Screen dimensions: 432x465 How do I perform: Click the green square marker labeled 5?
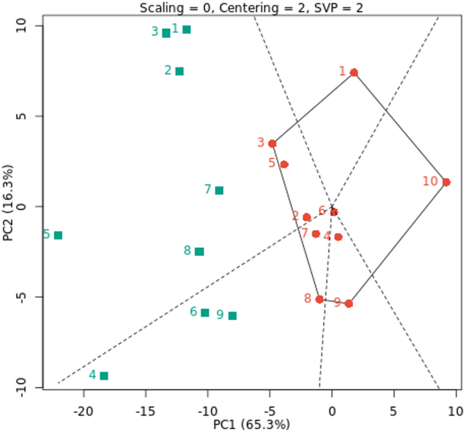[58, 235]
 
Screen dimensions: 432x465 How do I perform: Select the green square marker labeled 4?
[104, 376]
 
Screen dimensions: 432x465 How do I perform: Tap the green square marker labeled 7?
[219, 190]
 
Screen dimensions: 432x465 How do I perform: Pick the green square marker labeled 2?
[179, 71]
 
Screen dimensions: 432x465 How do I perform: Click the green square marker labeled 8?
[200, 251]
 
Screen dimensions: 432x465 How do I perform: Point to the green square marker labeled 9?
[233, 316]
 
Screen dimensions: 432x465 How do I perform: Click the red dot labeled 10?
[446, 182]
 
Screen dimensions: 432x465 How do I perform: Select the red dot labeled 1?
[354, 73]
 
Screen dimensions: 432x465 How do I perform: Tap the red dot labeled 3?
[272, 143]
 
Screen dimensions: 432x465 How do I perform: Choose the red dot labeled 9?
[349, 304]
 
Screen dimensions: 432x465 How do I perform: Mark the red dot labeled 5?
[284, 164]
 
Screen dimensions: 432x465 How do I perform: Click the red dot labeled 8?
[320, 299]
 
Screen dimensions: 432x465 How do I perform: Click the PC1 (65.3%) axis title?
[251, 425]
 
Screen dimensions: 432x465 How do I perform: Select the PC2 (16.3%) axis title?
[9, 206]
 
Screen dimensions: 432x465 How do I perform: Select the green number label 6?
[193, 312]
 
